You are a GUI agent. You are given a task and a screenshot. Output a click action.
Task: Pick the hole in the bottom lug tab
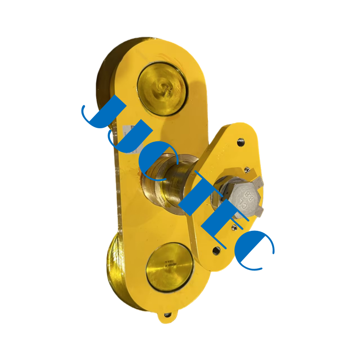click(x=167, y=315)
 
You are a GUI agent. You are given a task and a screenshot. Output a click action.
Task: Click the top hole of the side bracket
click(x=241, y=142)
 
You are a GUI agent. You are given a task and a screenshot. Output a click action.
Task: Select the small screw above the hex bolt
click(x=247, y=170)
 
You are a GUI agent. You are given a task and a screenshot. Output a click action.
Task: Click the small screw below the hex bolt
click(x=233, y=228)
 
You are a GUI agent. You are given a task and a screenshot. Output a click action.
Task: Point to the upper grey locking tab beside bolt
click(x=261, y=181)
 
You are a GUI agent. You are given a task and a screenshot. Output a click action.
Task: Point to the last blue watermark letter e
click(x=254, y=250)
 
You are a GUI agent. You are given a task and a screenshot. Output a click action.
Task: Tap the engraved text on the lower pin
click(x=169, y=265)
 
